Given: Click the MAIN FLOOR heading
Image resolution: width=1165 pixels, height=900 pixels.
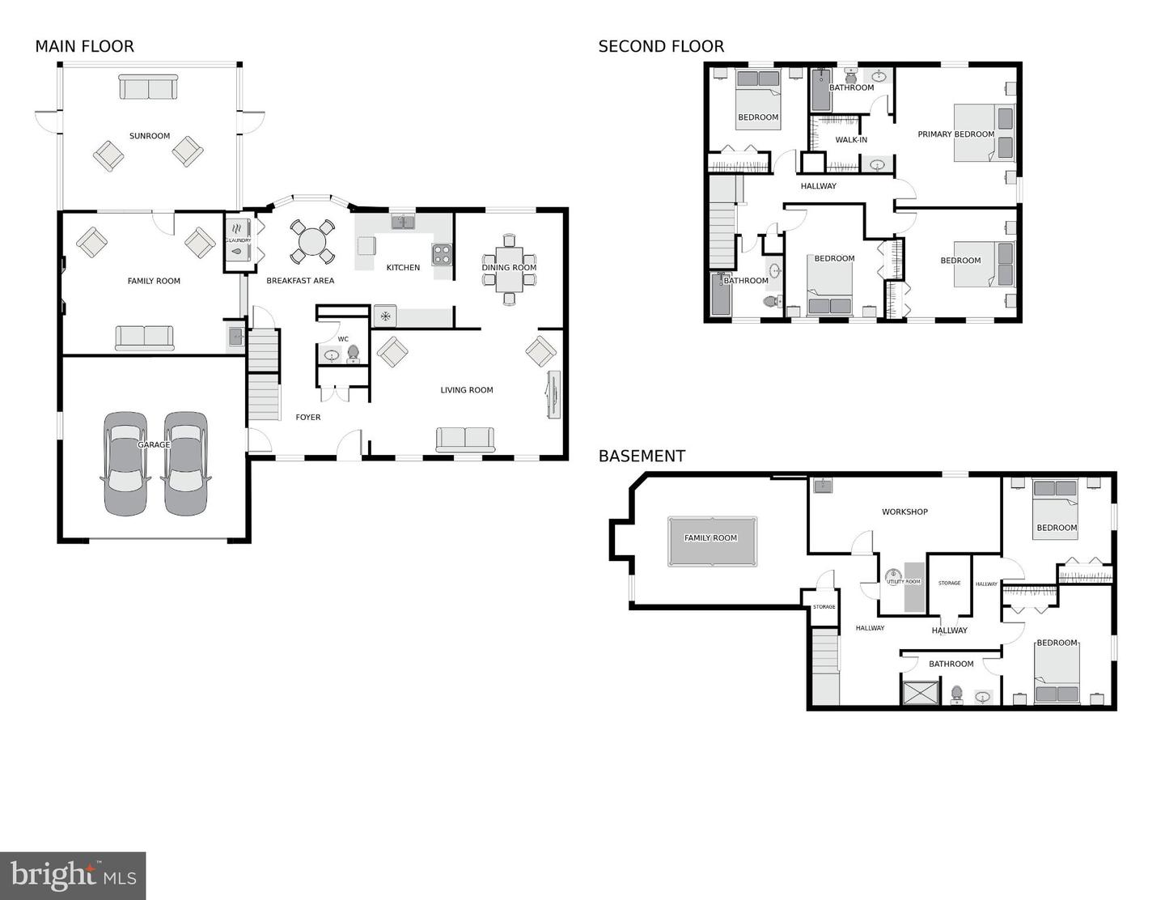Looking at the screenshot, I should [x=84, y=47].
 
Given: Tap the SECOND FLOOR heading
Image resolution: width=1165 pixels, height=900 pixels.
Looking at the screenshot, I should [x=660, y=47].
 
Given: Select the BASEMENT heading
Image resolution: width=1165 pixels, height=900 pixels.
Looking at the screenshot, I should [x=641, y=456].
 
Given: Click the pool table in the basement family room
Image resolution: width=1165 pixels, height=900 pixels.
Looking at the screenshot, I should [x=712, y=541].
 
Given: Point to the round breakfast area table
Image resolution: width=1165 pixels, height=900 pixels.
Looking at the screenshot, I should [x=312, y=241].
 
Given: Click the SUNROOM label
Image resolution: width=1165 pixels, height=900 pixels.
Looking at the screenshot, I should [x=150, y=136].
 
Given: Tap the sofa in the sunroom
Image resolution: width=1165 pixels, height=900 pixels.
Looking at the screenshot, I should [x=148, y=87].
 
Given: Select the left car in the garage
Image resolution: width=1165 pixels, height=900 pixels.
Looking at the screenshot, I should [x=125, y=464].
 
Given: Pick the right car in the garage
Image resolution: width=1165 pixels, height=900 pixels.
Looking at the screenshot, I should [x=186, y=464].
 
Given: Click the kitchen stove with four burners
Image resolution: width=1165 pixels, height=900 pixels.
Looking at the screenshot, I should [x=442, y=255].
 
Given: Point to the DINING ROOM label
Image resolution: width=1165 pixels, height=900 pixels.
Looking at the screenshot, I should [x=509, y=268].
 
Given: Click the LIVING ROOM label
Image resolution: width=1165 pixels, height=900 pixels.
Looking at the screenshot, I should [x=467, y=390].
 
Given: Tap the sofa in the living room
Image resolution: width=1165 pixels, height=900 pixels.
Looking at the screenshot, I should [x=465, y=439].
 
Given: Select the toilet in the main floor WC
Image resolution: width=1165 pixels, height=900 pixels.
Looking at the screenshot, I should [x=353, y=354].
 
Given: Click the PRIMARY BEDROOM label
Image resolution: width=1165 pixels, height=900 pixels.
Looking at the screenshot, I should [x=955, y=134].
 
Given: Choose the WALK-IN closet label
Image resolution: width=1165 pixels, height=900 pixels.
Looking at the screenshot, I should [x=851, y=140].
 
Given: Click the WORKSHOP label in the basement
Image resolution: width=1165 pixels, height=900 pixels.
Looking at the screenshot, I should [x=904, y=512].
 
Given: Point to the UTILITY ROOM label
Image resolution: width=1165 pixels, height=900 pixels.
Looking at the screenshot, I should [x=903, y=582].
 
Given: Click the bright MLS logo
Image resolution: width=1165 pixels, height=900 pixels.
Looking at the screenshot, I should [x=73, y=876].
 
